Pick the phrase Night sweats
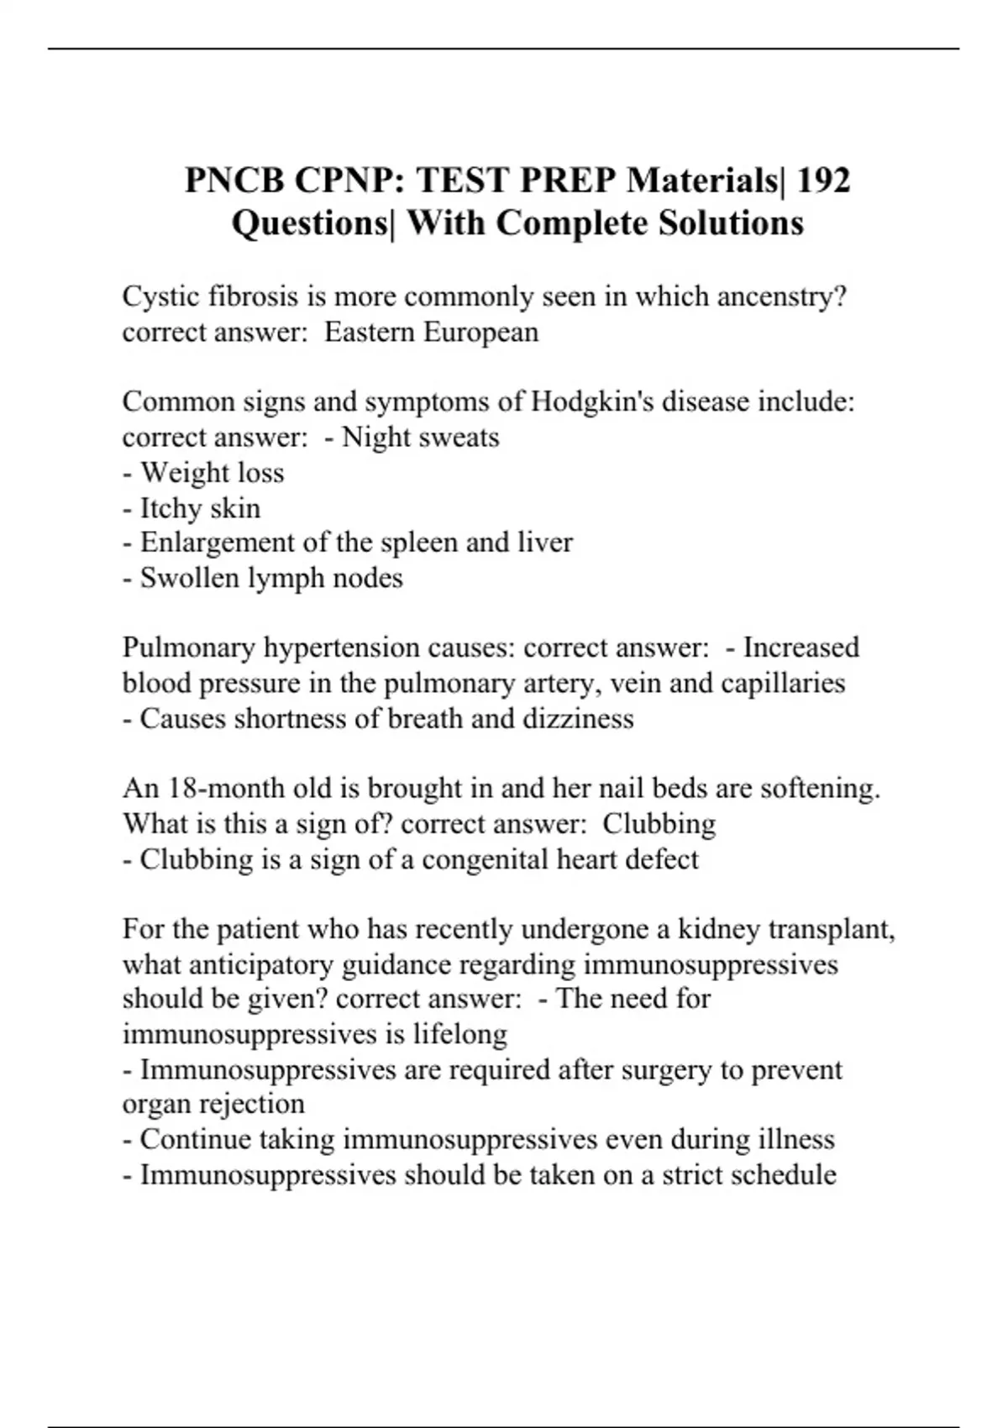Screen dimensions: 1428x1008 (421, 438)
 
